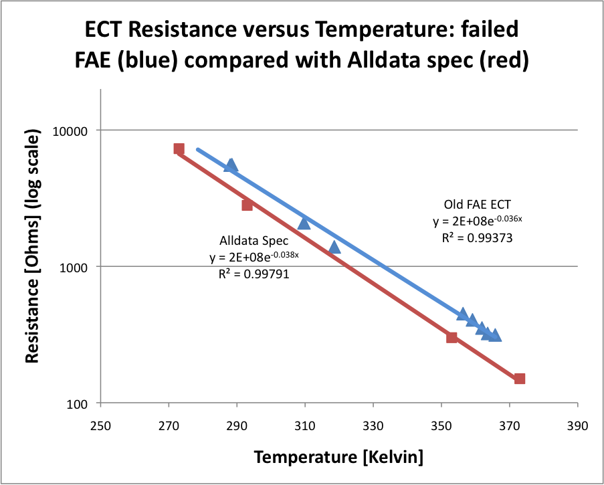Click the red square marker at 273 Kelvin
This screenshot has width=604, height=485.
(x=179, y=149)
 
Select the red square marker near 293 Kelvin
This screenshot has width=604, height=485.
(x=247, y=205)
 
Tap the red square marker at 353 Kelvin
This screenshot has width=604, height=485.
(x=451, y=337)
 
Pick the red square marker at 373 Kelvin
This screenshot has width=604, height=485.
(x=520, y=379)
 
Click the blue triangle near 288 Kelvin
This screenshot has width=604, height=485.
(x=231, y=165)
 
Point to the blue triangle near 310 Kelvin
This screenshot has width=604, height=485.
(x=304, y=223)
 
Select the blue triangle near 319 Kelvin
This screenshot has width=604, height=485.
(x=334, y=248)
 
